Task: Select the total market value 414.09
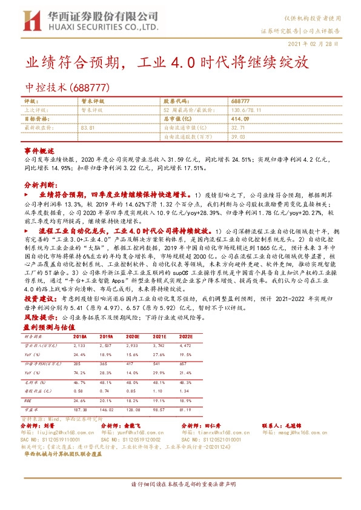coord(240,119)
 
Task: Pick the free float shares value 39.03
coord(237,137)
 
